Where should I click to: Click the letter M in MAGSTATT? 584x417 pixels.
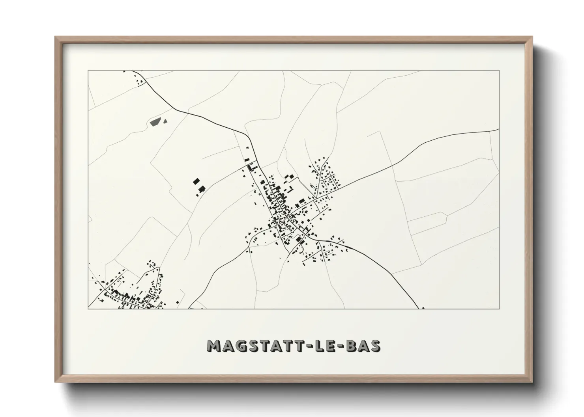pos(215,346)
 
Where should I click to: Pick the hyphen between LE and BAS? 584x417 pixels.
pos(341,346)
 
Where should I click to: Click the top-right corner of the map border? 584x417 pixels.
pos(500,71)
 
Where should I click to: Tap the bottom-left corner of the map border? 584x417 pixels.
pos(88,308)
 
